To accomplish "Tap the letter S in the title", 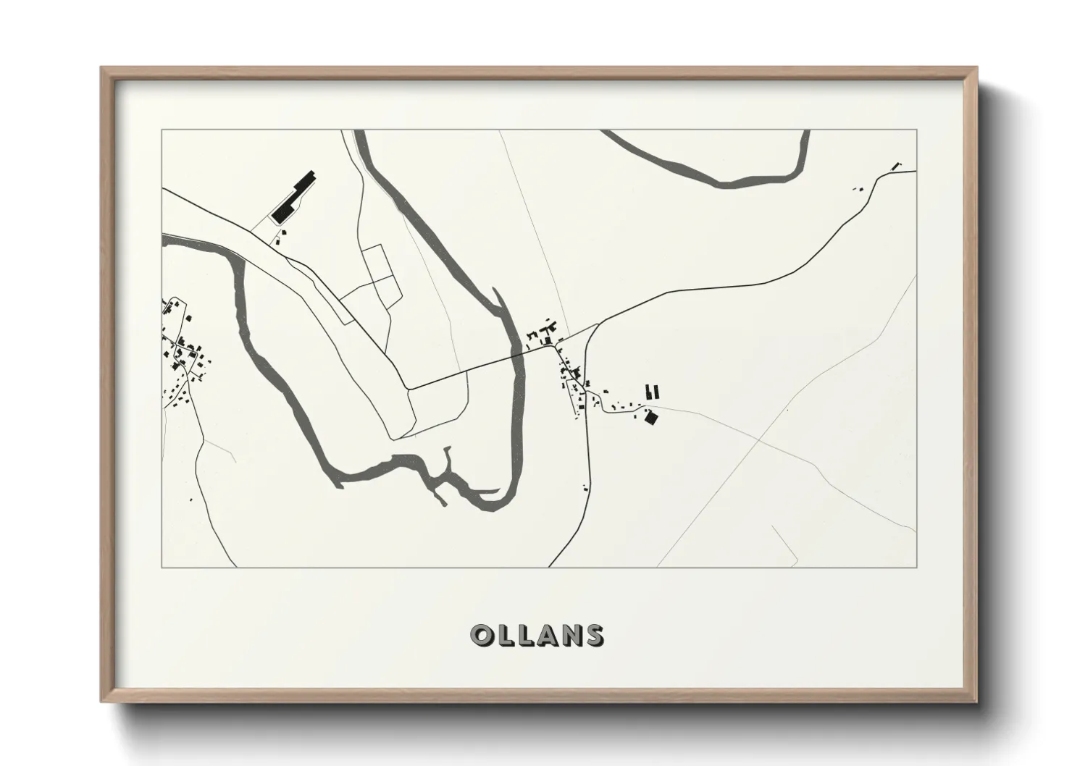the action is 592,636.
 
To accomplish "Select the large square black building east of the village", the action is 650,417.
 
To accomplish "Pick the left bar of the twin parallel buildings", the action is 649,392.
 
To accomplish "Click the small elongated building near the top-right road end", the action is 895,167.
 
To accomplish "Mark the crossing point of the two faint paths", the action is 757,439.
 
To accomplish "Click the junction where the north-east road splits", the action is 598,324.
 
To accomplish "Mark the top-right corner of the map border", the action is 916,130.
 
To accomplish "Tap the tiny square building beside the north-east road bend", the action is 860,189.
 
